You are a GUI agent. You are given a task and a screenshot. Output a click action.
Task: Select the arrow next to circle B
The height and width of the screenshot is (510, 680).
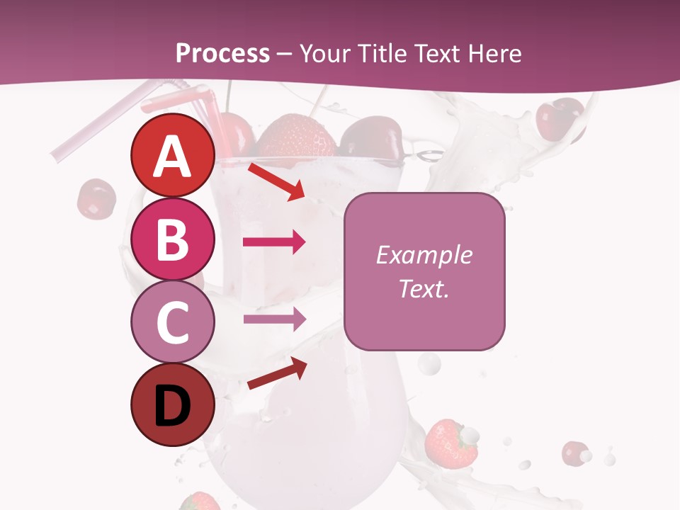click(x=274, y=242)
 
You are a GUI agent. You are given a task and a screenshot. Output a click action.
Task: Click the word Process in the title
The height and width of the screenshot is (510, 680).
click(x=222, y=53)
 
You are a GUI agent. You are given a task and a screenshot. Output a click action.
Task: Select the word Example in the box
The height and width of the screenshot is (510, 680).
click(x=424, y=255)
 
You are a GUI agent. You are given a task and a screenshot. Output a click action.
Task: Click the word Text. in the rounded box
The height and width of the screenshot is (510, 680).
click(x=424, y=288)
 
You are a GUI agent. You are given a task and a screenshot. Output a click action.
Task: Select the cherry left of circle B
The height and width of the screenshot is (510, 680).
click(x=96, y=198)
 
